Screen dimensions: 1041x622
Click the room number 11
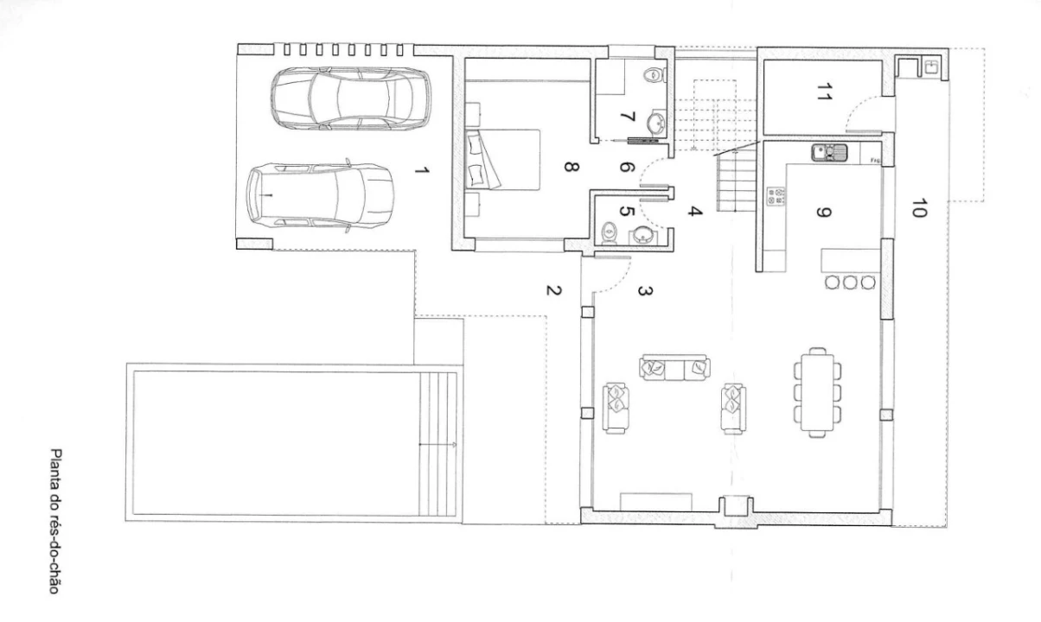(824, 92)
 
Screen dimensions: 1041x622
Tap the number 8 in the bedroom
(572, 167)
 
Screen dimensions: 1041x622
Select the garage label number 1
(421, 171)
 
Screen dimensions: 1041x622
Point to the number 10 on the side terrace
(919, 208)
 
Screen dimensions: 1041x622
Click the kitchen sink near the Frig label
(829, 153)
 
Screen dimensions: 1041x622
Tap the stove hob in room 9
(776, 196)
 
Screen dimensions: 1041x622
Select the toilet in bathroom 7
(655, 75)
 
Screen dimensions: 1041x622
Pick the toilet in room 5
(609, 232)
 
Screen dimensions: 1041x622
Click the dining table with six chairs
(817, 393)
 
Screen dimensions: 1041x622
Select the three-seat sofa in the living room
(676, 368)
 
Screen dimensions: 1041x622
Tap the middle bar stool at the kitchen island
(850, 282)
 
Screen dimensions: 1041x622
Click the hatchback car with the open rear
(321, 196)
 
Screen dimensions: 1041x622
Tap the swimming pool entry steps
(437, 443)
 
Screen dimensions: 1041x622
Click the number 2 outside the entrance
(554, 290)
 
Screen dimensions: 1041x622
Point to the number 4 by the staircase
(695, 211)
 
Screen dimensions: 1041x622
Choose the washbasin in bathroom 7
(656, 122)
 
